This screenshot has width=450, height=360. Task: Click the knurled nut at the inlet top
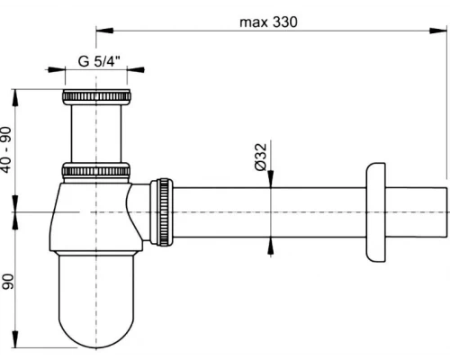pos(96,97)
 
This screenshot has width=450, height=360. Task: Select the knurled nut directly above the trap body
pos(96,170)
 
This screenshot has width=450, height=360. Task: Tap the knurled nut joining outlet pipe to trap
pos(162,211)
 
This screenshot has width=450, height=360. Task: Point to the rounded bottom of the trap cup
pos(96,328)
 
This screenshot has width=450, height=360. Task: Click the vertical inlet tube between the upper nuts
pos(96,133)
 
